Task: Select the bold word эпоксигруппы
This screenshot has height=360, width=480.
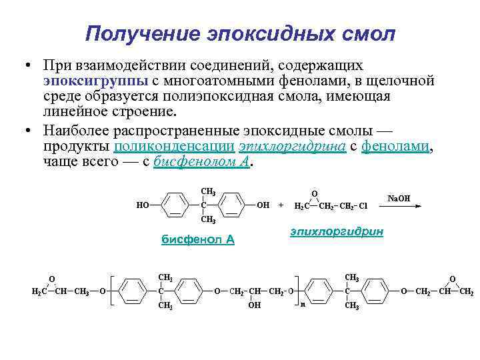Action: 87,81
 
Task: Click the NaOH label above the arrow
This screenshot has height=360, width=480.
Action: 399,198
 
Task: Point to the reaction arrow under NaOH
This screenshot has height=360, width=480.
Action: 399,206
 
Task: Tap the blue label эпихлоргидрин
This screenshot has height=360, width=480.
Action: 337,231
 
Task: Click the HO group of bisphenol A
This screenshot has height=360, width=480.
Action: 143,205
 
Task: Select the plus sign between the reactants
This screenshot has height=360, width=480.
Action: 280,205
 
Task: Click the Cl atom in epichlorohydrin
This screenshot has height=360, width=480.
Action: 363,206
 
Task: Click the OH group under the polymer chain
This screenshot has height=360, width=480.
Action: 254,305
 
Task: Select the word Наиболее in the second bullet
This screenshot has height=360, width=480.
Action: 72,131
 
